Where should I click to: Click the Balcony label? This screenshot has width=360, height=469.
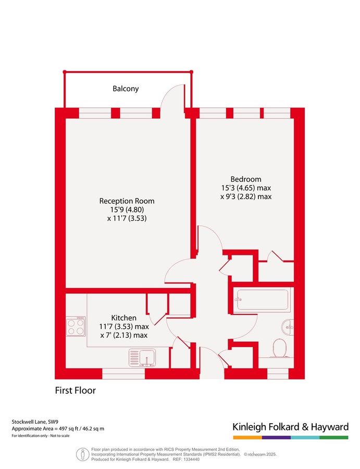tap(126, 89)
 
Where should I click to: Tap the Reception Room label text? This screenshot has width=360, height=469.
tap(127, 201)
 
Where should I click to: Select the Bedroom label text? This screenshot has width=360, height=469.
tap(246, 178)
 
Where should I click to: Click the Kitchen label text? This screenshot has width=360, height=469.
tap(124, 317)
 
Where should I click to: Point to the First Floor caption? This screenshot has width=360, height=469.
tap(76, 390)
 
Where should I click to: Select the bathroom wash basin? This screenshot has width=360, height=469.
tap(287, 327)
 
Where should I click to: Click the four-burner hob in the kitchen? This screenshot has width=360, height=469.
tap(76, 326)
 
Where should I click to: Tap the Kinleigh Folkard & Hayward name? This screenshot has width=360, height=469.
tap(290, 427)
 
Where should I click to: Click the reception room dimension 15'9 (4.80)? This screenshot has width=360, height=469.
tap(127, 209)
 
